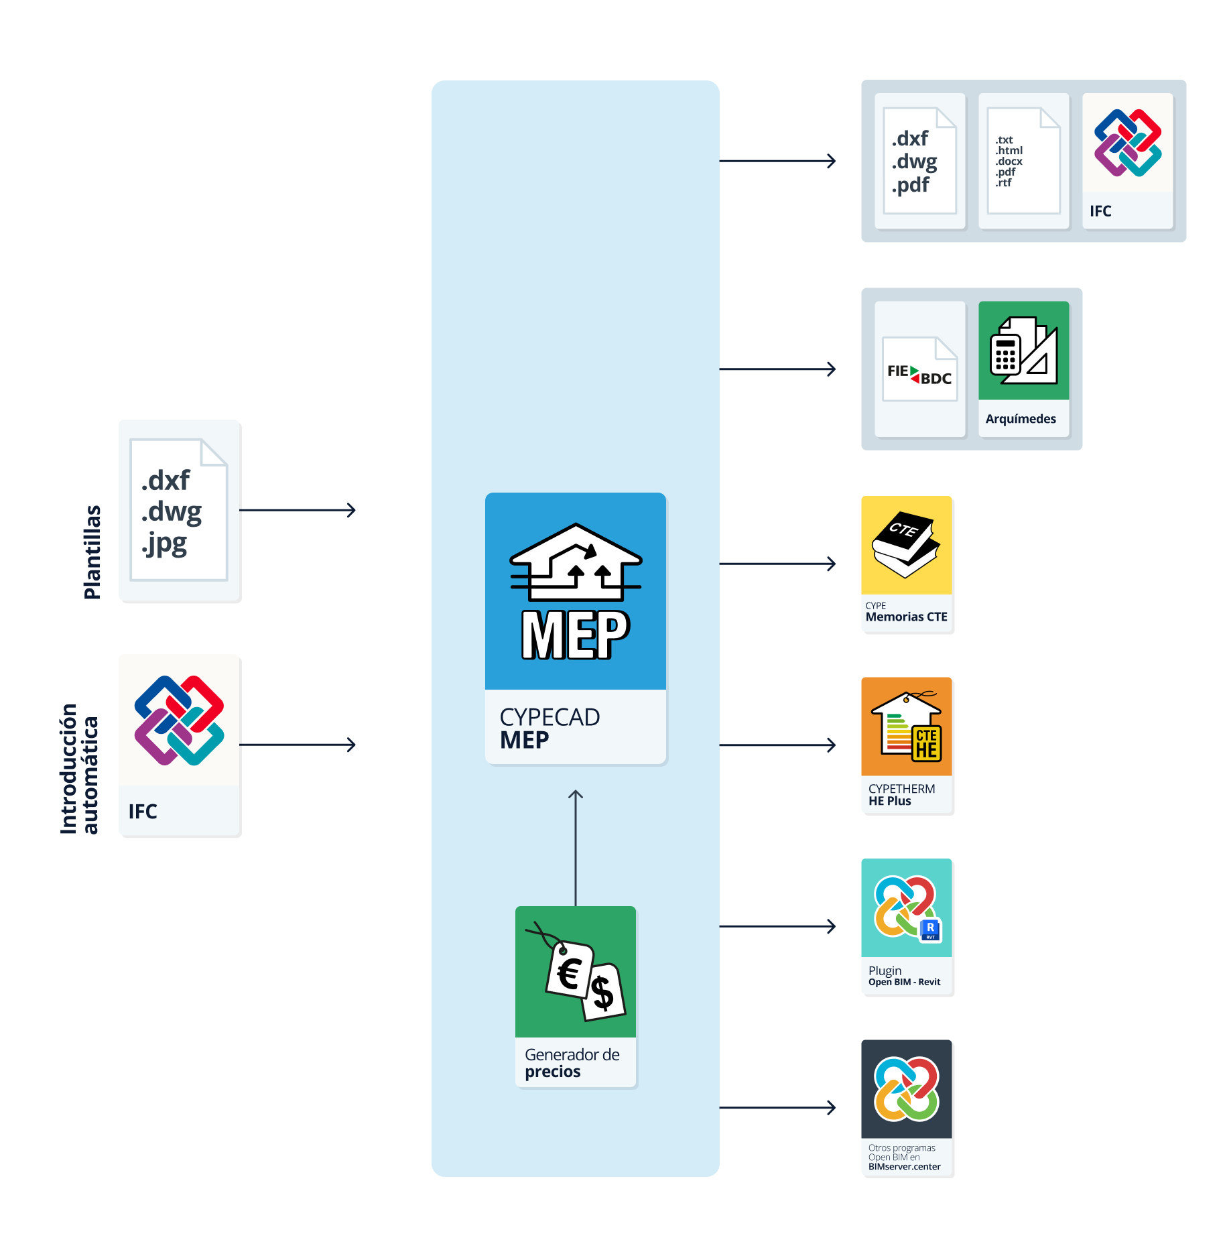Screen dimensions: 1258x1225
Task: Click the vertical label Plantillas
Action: (92, 552)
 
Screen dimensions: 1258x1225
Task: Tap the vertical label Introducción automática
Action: (79, 768)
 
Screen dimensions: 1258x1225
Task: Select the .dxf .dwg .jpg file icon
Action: (179, 509)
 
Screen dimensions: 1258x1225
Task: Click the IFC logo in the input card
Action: (179, 720)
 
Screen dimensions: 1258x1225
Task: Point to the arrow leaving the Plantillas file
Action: (297, 510)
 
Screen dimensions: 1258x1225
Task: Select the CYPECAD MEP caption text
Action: (550, 728)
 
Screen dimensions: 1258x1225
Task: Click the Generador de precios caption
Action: (572, 1062)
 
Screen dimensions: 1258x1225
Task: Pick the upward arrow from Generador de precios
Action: (576, 848)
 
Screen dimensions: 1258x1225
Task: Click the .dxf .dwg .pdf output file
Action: (919, 161)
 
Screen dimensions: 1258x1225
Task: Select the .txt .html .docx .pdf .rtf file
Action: (1023, 161)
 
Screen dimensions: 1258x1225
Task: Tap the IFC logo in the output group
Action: (1128, 143)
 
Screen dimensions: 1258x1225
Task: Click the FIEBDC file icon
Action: (919, 369)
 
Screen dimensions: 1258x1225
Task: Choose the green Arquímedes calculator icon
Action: (1023, 351)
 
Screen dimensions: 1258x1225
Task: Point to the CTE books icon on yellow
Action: (906, 545)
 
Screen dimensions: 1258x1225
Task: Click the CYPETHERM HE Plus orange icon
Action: (906, 727)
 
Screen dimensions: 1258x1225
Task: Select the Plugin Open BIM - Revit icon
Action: (906, 907)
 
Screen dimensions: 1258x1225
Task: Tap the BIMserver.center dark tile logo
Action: (906, 1088)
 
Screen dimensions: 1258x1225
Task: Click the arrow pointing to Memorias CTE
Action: (777, 564)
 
